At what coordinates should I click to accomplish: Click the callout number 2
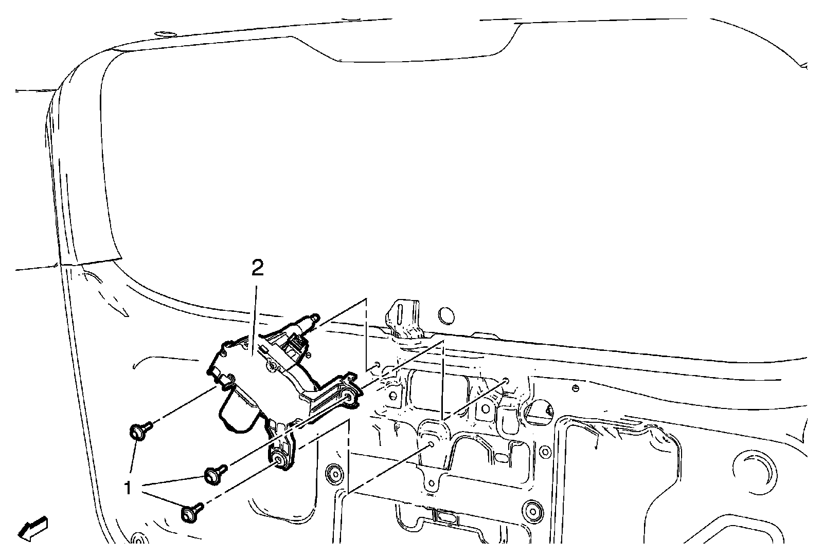point(257,268)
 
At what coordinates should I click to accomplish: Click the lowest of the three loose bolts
point(191,513)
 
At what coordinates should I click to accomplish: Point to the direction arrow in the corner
point(32,528)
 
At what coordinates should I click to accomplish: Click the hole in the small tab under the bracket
point(432,482)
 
